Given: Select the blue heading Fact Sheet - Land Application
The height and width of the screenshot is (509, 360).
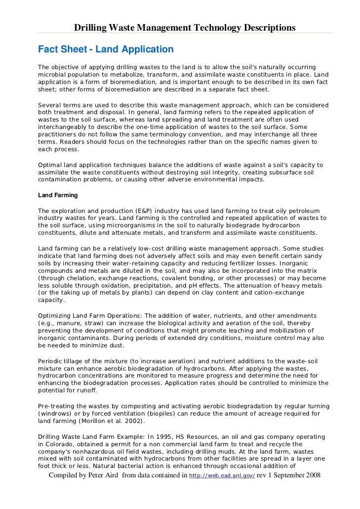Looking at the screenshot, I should click(x=106, y=49).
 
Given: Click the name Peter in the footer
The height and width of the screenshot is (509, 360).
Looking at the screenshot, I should click(x=114, y=475).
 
